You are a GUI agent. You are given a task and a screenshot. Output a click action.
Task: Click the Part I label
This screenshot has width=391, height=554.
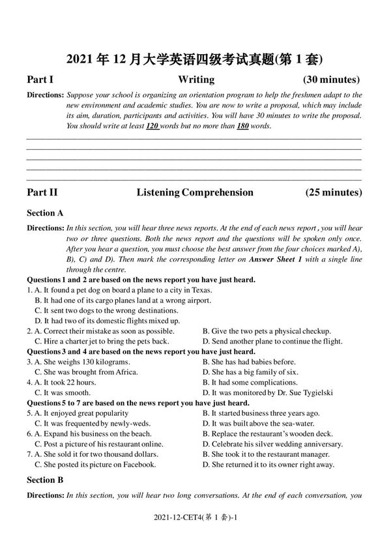pyautogui.click(x=40, y=80)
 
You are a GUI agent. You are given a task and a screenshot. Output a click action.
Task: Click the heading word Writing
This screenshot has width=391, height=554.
pyautogui.click(x=195, y=80)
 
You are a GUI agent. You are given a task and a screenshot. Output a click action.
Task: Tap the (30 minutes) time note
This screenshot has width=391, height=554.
pyautogui.click(x=332, y=80)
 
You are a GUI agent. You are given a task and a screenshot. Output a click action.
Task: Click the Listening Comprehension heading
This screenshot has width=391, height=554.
pyautogui.click(x=195, y=192)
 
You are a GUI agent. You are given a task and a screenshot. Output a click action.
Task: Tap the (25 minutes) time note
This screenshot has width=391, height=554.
pyautogui.click(x=333, y=192)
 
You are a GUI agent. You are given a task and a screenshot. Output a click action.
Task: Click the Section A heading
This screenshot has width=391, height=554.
pyautogui.click(x=45, y=212)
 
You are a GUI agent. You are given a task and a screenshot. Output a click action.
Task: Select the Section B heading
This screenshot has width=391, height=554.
pyautogui.click(x=45, y=480)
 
